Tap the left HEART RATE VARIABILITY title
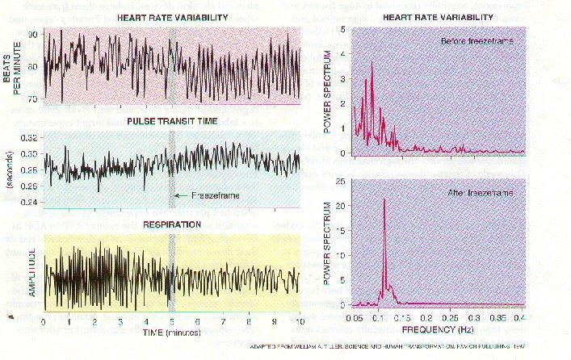pyautogui.click(x=172, y=17)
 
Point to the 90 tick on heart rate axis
pyautogui.click(x=31, y=35)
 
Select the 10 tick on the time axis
pyautogui.click(x=300, y=320)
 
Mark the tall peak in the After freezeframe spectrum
pyautogui.click(x=384, y=200)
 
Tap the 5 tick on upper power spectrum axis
pyautogui.click(x=343, y=28)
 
